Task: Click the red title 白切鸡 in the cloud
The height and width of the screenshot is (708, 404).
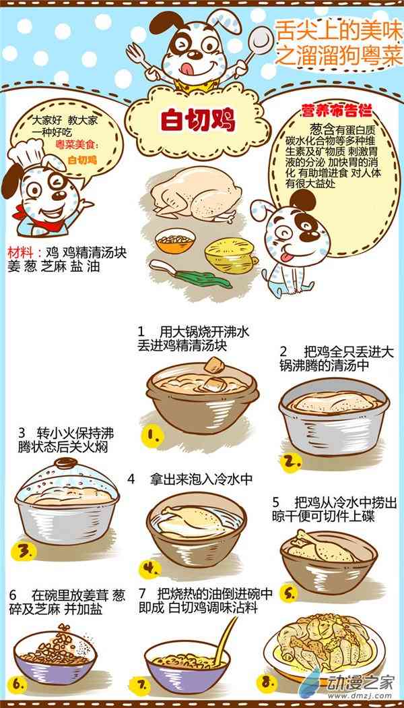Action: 198,120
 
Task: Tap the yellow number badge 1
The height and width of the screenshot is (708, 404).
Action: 152,436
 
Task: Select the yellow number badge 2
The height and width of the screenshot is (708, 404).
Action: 291,462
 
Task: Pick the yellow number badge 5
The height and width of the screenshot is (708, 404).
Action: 290,593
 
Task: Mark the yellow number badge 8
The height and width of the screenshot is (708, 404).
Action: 267,683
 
